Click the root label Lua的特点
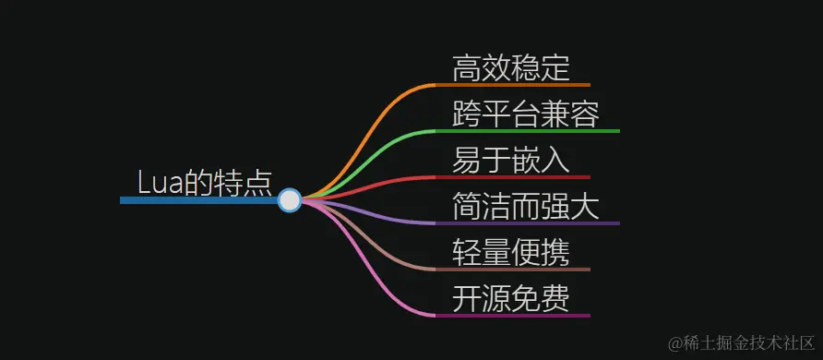[204, 182]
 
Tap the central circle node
[290, 199]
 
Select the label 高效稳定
[510, 68]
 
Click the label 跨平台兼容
[526, 114]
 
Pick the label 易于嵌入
[510, 160]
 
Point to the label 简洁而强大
[526, 206]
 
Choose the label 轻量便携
[510, 252]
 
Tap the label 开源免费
[510, 298]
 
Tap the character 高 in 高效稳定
[467, 68]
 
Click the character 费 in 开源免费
[555, 298]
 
